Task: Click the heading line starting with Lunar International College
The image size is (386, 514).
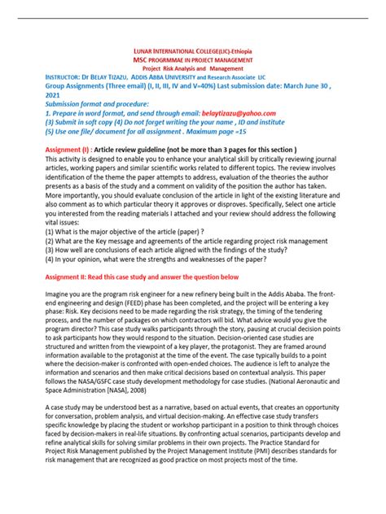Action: click(x=193, y=51)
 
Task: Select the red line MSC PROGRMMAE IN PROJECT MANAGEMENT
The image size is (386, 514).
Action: click(x=193, y=62)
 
